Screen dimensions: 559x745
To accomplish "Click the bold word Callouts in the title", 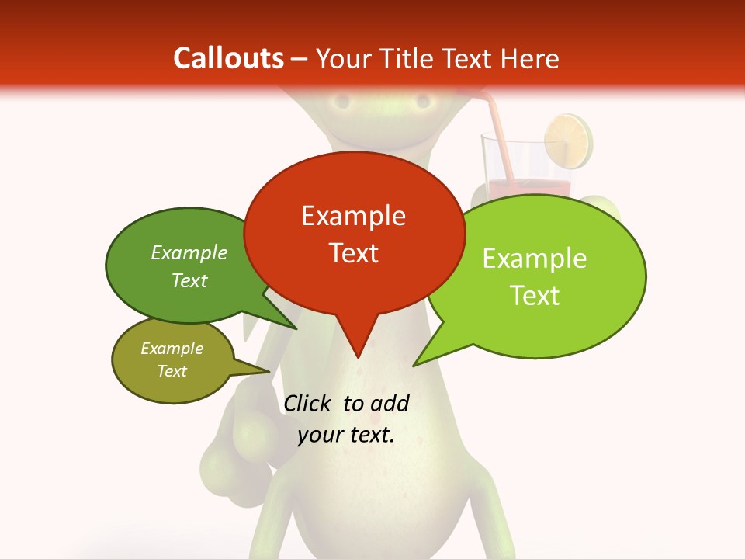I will click(228, 58).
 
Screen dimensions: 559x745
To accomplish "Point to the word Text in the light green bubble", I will click(535, 296).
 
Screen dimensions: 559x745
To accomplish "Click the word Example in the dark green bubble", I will click(189, 253).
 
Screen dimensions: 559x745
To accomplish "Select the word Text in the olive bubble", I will click(172, 371).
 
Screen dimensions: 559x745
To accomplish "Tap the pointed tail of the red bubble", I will click(358, 346).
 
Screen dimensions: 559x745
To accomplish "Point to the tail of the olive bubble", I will click(260, 370).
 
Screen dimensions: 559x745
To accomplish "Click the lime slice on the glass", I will click(568, 141).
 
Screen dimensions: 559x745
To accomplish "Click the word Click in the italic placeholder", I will click(308, 403).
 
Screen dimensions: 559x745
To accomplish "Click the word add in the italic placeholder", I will click(390, 403).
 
